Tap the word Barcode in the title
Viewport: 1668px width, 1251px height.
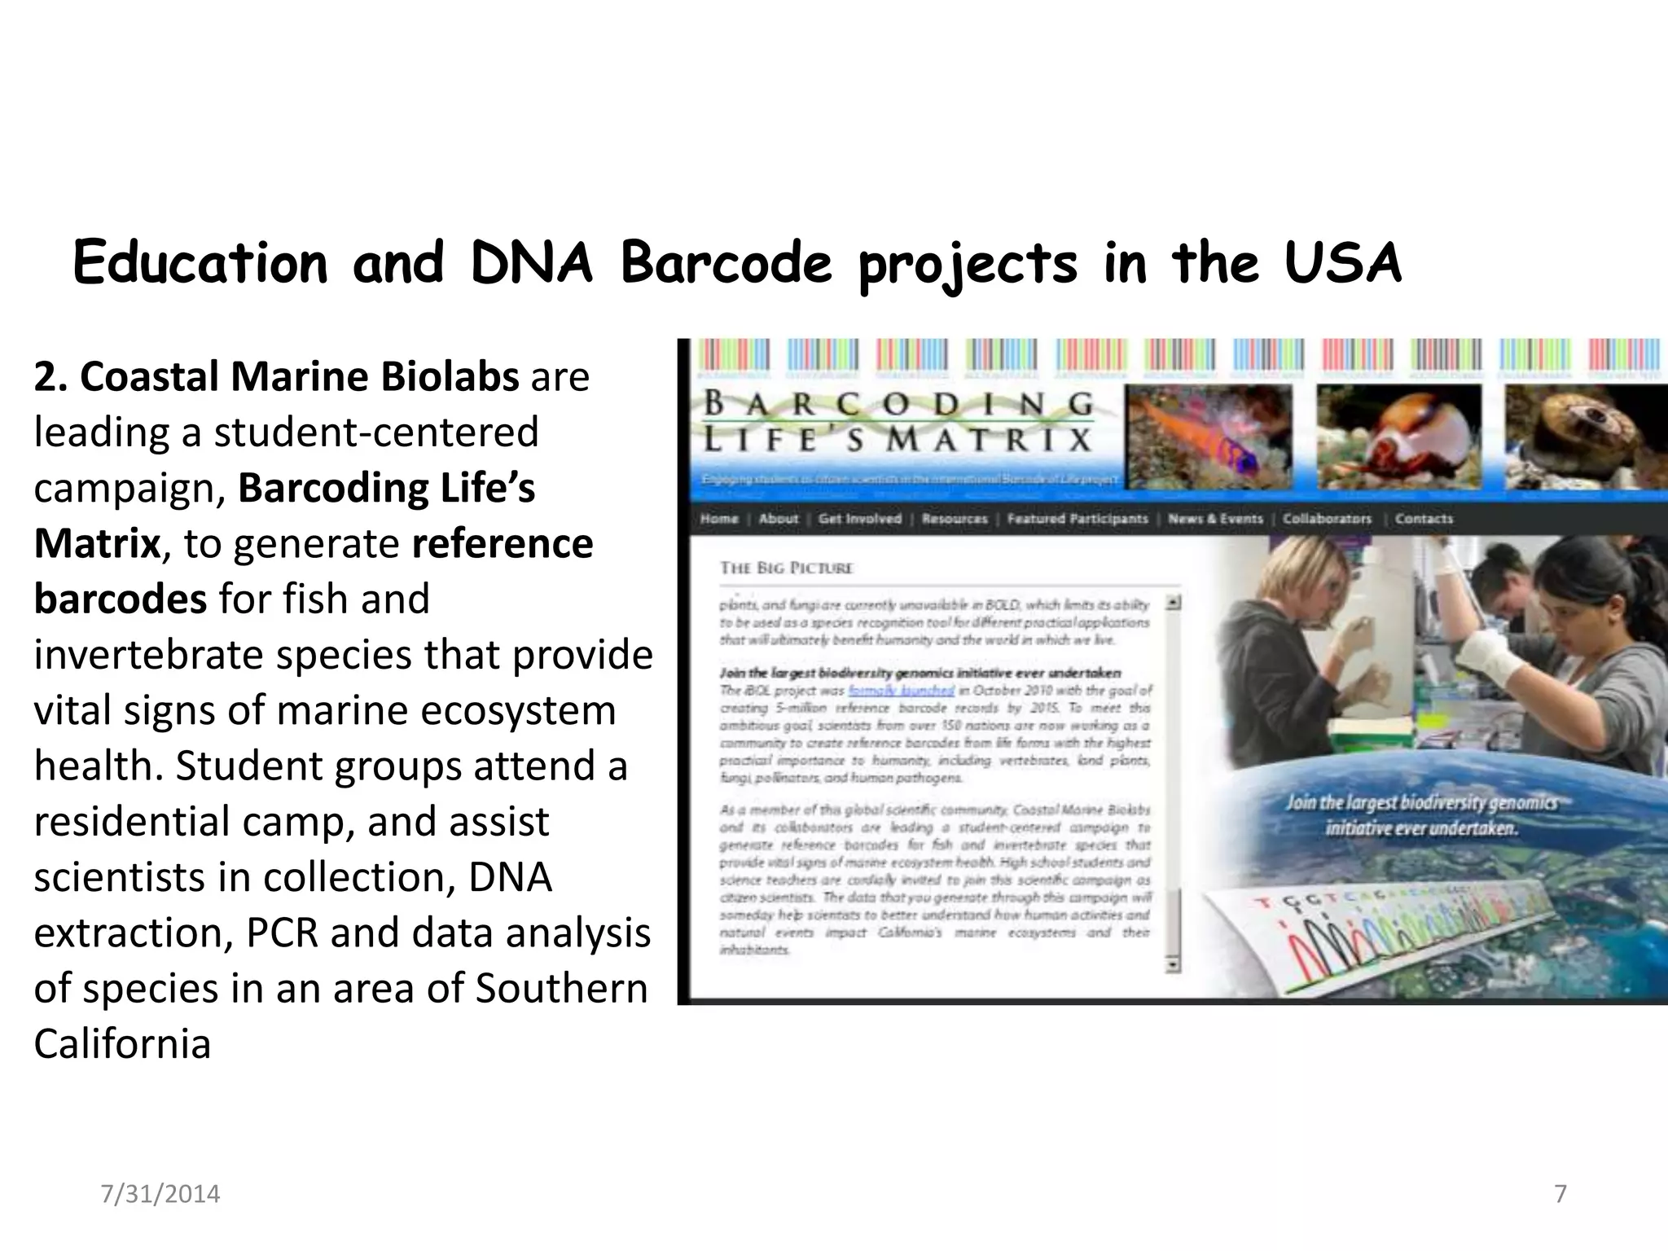[x=726, y=264]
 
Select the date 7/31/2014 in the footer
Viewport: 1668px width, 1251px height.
[x=160, y=1194]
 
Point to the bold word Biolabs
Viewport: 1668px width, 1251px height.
[x=450, y=376]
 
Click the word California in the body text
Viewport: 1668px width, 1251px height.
[x=122, y=1043]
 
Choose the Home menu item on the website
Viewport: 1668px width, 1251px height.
[x=719, y=519]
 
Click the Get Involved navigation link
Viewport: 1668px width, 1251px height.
[x=860, y=519]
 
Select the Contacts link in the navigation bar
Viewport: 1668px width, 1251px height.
[x=1424, y=519]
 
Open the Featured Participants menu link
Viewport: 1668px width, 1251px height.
[x=1077, y=519]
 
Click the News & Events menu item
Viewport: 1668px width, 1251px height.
[x=1215, y=519]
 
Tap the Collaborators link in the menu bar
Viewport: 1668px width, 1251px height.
[x=1327, y=519]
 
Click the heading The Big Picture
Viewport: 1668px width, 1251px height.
[x=786, y=568]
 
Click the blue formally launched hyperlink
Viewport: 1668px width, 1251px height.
[x=901, y=691]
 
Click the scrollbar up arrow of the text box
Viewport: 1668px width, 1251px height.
[x=1173, y=604]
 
